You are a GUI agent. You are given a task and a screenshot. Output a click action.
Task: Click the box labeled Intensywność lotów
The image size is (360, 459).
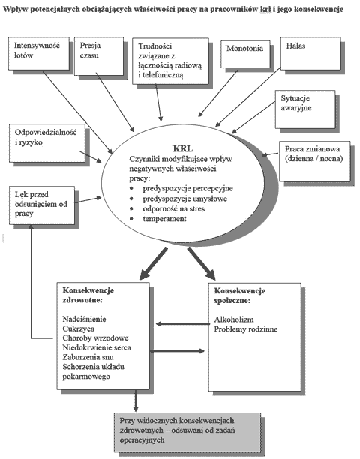click(39, 53)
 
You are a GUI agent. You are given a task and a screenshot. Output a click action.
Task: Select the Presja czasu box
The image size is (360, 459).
click(99, 56)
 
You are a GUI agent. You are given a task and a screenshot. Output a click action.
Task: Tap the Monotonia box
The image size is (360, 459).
click(244, 54)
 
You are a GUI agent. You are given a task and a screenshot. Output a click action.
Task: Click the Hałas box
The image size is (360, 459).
click(310, 53)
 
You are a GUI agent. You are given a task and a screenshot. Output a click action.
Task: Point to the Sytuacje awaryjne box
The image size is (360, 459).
click(305, 109)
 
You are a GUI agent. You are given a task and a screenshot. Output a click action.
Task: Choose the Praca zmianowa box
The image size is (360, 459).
click(315, 161)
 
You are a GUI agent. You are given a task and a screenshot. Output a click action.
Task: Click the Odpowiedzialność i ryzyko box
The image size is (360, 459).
click(47, 142)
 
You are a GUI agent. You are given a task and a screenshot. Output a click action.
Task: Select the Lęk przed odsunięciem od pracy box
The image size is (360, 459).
click(42, 205)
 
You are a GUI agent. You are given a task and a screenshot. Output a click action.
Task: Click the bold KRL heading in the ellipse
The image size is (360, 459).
click(183, 148)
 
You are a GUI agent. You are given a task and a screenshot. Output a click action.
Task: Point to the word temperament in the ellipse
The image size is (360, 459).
click(164, 219)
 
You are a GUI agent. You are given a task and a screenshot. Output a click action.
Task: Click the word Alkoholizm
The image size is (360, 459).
click(234, 319)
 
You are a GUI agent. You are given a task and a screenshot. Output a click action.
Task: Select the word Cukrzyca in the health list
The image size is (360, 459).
click(79, 328)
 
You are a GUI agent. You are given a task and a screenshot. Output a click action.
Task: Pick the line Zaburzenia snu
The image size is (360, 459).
click(88, 357)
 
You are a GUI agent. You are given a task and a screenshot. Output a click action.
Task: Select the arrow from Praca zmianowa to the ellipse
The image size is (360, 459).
click(269, 154)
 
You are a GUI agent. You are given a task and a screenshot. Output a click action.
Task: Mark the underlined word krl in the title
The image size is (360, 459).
click(265, 9)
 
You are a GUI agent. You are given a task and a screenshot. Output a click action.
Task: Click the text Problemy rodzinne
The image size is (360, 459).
click(246, 329)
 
